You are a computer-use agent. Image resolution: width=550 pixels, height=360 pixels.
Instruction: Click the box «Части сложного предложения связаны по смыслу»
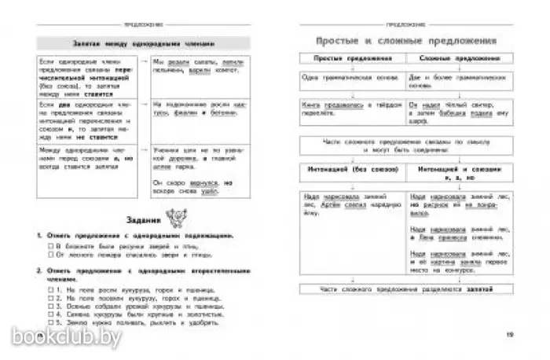401,145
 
